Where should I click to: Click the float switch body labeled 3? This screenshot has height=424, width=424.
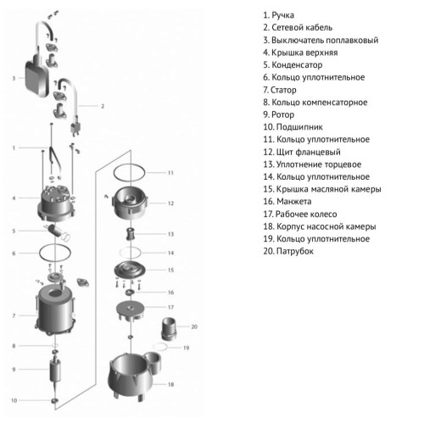click(36, 78)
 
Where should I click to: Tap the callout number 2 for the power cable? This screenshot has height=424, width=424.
click(103, 106)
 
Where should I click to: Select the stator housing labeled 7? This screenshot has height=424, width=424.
click(56, 310)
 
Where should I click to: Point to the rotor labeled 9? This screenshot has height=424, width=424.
click(55, 371)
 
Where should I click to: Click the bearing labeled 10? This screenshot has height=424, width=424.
click(54, 400)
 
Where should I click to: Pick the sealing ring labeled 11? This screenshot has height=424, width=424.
click(129, 172)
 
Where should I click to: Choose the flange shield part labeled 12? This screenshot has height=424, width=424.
click(130, 203)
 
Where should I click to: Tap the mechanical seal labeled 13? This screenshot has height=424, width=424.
click(130, 233)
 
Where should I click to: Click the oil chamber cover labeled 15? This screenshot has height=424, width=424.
click(130, 271)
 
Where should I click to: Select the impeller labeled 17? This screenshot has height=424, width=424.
click(131, 311)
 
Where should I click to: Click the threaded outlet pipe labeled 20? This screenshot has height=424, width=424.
click(169, 328)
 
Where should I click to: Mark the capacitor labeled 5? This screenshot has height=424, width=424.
click(56, 231)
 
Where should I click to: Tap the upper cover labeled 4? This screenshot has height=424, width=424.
click(57, 203)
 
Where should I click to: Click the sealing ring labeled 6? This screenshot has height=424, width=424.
click(55, 253)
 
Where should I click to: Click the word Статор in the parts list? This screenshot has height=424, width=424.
click(283, 90)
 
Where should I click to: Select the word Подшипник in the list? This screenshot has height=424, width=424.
click(299, 127)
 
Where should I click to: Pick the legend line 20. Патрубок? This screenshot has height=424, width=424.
click(288, 251)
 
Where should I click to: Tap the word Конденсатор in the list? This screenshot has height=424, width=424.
click(297, 64)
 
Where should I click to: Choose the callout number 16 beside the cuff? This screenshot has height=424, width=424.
click(170, 293)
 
